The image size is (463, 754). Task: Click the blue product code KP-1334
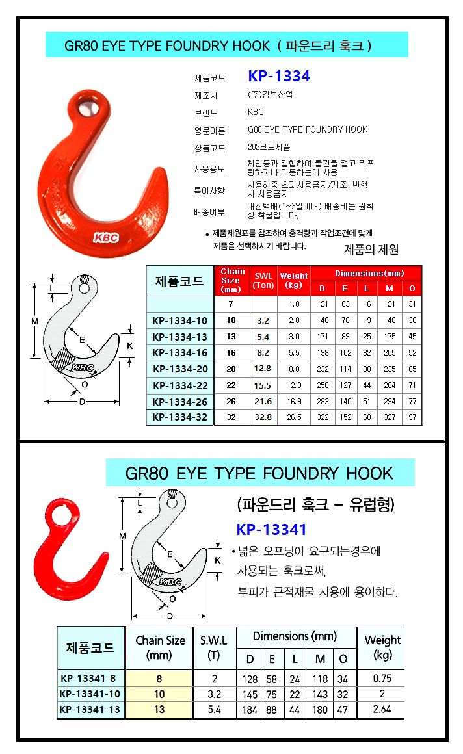point(279,76)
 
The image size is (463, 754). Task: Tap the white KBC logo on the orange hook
point(106,237)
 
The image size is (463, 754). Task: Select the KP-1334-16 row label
point(179,352)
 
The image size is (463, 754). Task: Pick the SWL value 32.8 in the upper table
point(263,417)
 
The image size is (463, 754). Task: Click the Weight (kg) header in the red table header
point(293,280)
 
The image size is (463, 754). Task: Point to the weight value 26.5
point(294,417)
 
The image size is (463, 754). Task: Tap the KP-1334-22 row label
point(180,385)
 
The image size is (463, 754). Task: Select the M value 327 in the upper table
point(390,417)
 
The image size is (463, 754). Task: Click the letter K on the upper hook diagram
point(129,346)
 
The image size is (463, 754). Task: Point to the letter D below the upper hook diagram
point(82,402)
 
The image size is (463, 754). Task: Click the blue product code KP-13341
point(271,530)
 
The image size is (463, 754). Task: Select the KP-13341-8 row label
point(88,679)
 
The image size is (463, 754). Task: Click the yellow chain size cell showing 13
point(159,710)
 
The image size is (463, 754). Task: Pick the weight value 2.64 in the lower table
point(382,709)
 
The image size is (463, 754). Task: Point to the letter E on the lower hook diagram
point(170,554)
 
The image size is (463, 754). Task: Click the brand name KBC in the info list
point(256,112)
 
